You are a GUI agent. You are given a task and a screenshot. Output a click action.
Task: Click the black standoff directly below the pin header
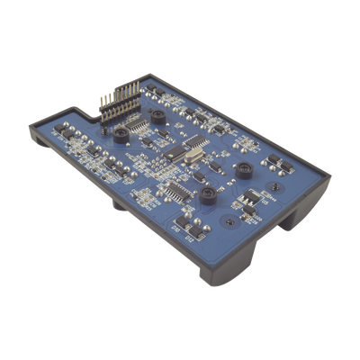pyautogui.click(x=119, y=135)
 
